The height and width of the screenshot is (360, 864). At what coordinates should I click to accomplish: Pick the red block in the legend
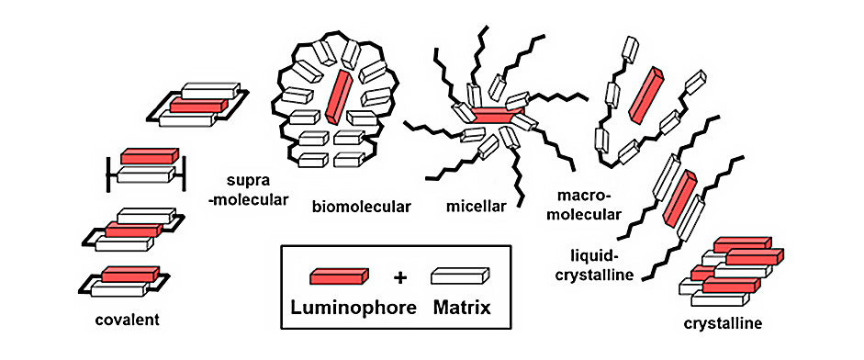pyautogui.click(x=339, y=276)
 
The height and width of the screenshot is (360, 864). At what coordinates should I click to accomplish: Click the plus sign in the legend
pyautogui.click(x=398, y=276)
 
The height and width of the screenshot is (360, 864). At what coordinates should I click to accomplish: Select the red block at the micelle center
pyautogui.click(x=496, y=118)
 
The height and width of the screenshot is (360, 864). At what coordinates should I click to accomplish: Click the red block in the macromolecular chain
pyautogui.click(x=646, y=94)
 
